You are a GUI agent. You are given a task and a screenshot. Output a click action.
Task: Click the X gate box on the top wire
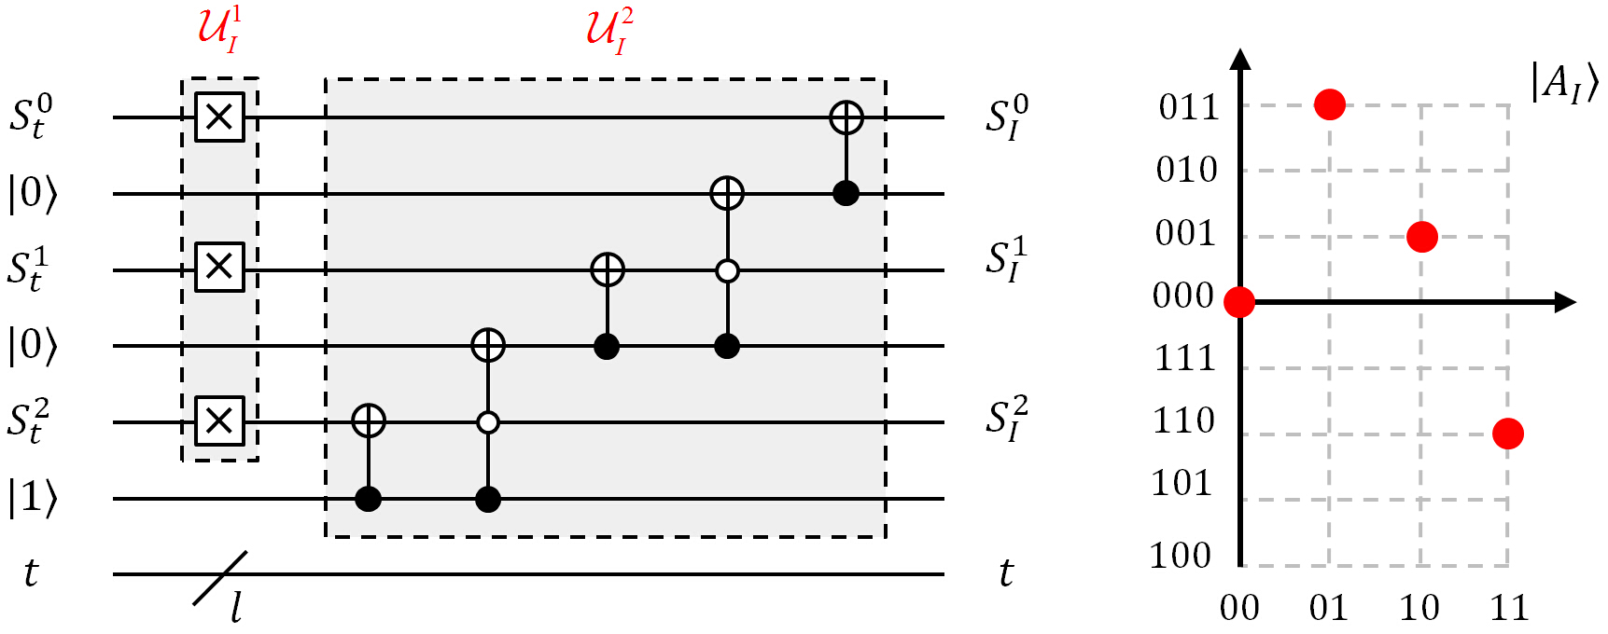pyautogui.click(x=219, y=117)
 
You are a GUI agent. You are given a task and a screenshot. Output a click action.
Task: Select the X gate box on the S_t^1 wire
pyautogui.click(x=219, y=268)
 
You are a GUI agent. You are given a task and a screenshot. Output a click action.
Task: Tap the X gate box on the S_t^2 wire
pyautogui.click(x=219, y=420)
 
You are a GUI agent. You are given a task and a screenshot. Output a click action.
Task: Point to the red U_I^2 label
pyautogui.click(x=608, y=30)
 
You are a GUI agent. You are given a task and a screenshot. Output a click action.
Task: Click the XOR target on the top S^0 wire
pyautogui.click(x=846, y=117)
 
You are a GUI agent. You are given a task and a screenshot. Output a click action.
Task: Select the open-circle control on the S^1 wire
pyautogui.click(x=727, y=271)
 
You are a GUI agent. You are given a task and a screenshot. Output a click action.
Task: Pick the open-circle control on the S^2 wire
pyautogui.click(x=487, y=422)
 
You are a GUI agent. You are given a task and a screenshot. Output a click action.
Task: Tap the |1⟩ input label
pyautogui.click(x=33, y=498)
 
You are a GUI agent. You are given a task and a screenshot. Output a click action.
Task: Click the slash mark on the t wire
pyautogui.click(x=220, y=578)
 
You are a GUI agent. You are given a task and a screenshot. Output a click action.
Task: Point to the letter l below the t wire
pyautogui.click(x=236, y=610)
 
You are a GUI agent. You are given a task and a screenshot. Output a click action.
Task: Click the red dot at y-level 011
pyautogui.click(x=1329, y=104)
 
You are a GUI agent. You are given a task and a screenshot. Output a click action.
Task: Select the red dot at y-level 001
pyautogui.click(x=1421, y=237)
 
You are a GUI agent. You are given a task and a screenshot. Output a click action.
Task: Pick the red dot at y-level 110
pyautogui.click(x=1507, y=434)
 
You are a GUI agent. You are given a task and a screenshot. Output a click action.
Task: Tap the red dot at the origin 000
pyautogui.click(x=1239, y=302)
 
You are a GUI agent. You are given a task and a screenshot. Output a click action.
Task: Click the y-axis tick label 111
pyautogui.click(x=1184, y=358)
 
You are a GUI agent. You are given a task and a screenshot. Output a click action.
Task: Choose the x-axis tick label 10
pyautogui.click(x=1419, y=608)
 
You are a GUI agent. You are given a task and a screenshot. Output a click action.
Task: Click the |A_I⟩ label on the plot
pyautogui.click(x=1564, y=84)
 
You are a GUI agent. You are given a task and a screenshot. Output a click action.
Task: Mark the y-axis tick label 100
pyautogui.click(x=1181, y=556)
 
